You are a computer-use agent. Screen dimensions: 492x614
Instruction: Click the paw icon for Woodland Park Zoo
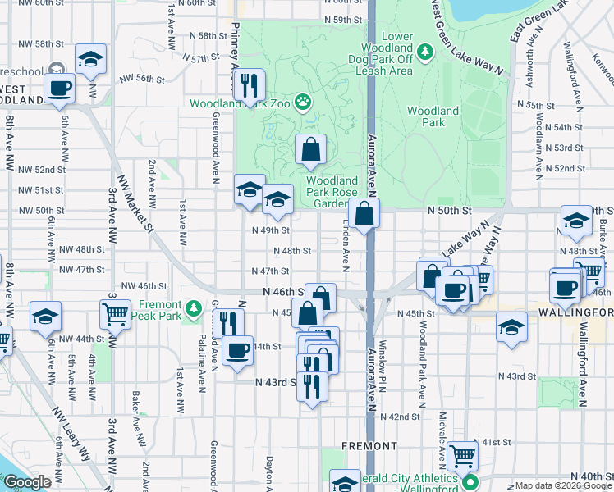pyautogui.click(x=304, y=102)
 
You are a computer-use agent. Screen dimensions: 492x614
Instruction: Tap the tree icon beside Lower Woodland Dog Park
pyautogui.click(x=425, y=52)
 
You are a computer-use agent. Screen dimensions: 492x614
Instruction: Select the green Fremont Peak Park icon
pyautogui.click(x=193, y=308)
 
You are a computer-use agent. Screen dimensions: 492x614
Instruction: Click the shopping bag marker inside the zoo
pyautogui.click(x=310, y=150)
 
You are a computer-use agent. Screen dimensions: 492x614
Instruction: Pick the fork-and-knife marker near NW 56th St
pyautogui.click(x=248, y=85)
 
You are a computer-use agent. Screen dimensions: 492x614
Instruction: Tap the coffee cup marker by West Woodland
pyautogui.click(x=60, y=89)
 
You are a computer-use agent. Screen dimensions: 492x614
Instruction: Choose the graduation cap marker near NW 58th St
pyautogui.click(x=91, y=59)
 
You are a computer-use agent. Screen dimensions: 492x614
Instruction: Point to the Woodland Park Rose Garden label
pyautogui.click(x=332, y=193)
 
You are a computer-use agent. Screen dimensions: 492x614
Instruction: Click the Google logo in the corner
pyautogui.click(x=27, y=482)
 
